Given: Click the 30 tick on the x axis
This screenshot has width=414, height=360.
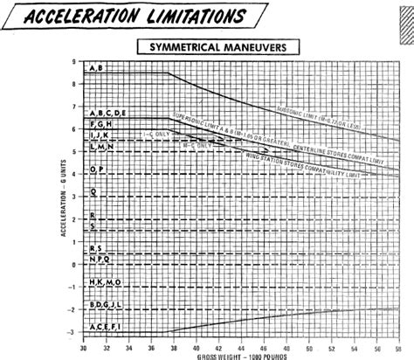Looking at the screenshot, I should (x=83, y=347).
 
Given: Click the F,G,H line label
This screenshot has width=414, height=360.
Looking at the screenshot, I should (x=100, y=126).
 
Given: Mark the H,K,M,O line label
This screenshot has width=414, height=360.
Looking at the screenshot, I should (x=106, y=283).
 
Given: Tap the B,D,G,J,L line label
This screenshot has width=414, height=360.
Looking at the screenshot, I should (x=108, y=305).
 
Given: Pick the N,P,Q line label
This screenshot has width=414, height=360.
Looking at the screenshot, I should (x=100, y=260).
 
